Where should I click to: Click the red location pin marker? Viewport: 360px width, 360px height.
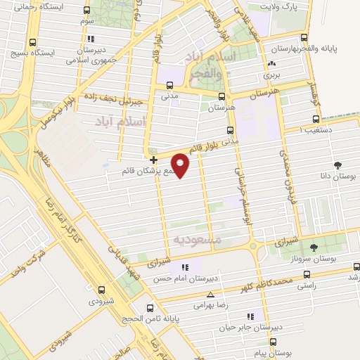(181, 164)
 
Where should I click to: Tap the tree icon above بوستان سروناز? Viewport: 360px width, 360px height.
(314, 247)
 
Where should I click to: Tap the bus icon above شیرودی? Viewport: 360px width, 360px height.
(103, 290)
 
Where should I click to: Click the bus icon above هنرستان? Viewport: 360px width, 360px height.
(222, 97)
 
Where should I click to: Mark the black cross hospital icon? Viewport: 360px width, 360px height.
(153, 160)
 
